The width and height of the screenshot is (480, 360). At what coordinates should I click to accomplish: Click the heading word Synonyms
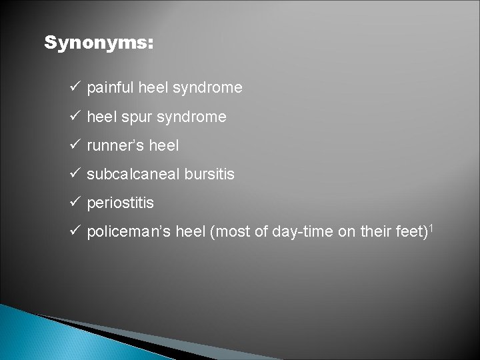click(x=99, y=43)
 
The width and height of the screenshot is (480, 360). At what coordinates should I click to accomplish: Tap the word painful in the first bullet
click(x=109, y=88)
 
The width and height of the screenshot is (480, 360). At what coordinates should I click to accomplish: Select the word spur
click(x=134, y=117)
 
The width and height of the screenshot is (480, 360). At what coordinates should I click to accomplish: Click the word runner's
click(x=115, y=145)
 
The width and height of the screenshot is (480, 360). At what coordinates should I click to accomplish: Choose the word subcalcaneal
click(x=135, y=174)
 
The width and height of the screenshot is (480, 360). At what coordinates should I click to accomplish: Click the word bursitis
click(x=211, y=174)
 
